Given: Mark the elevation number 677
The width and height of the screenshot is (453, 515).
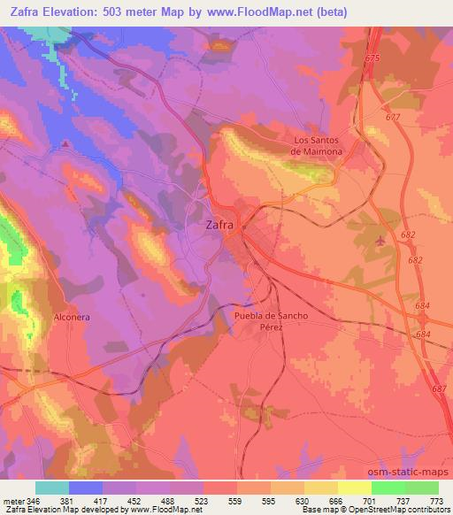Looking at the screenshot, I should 393,117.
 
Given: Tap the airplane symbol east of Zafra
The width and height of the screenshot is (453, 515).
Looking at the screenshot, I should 380,240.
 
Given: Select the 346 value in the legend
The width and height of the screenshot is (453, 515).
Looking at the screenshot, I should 35,501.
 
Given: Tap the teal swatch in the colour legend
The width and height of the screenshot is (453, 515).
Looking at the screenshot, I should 52,488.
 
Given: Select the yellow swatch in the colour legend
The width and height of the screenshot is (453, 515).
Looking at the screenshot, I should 355,488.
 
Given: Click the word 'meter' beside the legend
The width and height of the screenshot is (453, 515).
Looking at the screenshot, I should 13,501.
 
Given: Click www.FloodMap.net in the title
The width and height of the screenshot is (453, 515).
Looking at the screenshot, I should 266,12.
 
